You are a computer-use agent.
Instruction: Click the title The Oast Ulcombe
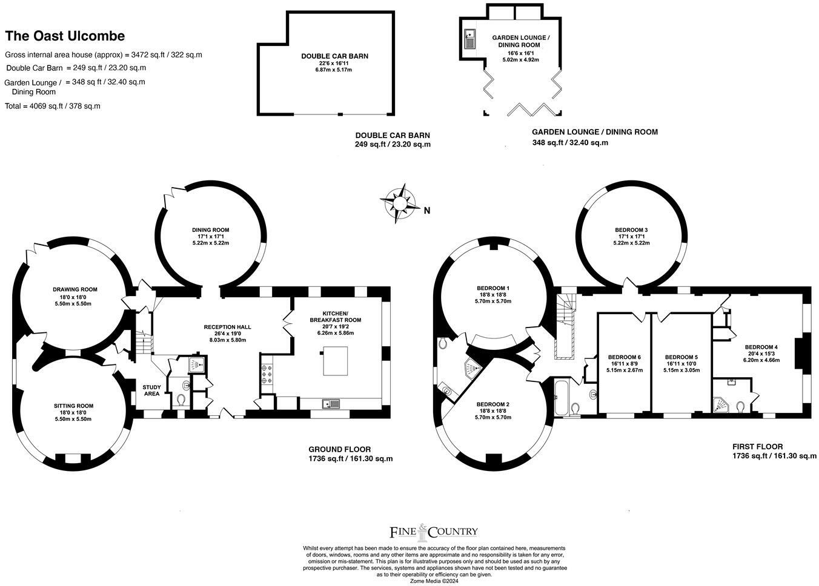65,36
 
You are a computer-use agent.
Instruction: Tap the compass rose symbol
400,203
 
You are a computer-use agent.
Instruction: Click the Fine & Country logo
434,532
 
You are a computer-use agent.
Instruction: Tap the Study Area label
151,390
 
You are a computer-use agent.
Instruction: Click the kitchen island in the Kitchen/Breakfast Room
335,361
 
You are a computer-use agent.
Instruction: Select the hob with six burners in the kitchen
266,374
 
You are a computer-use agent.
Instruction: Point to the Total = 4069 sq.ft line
52,107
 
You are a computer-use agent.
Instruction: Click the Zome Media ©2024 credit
434,581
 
